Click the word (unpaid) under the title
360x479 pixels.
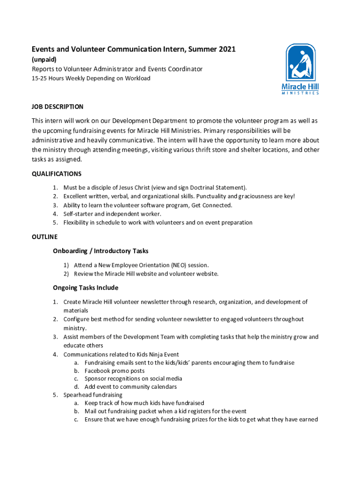[x=44, y=59]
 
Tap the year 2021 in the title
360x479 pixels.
[x=227, y=49]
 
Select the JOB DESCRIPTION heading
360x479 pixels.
[x=58, y=107]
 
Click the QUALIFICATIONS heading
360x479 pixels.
[x=57, y=174]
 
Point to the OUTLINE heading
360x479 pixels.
[x=44, y=237]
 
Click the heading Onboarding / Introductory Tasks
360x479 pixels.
[x=101, y=251]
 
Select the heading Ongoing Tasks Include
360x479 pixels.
[x=86, y=288]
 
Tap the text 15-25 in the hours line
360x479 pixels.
[x=39, y=79]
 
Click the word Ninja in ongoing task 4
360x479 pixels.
[x=154, y=354]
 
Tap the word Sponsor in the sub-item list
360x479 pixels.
[x=96, y=379]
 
